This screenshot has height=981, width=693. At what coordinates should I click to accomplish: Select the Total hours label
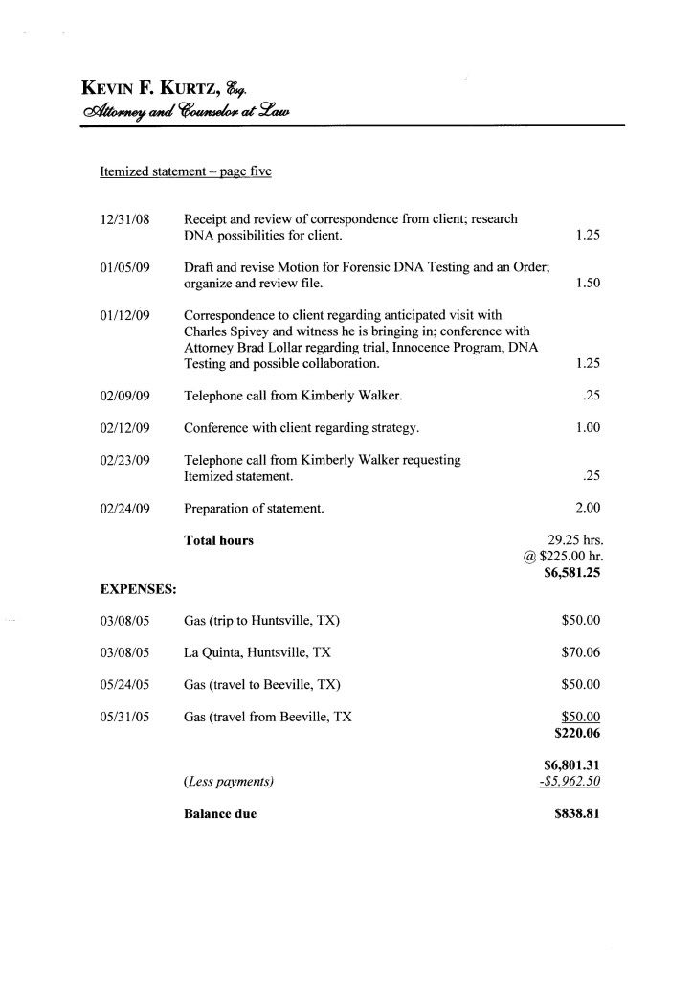tap(218, 540)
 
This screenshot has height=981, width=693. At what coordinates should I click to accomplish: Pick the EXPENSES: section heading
tap(138, 587)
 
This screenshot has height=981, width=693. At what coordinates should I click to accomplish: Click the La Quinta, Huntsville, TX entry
tap(257, 652)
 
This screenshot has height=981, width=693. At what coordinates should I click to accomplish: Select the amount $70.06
tap(581, 652)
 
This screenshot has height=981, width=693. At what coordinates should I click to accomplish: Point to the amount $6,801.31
tap(571, 765)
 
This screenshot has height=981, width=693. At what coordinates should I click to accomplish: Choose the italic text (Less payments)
tap(229, 782)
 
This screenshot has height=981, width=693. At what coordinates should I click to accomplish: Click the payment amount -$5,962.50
tap(570, 782)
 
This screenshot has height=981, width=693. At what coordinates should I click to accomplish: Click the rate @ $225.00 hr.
tap(562, 558)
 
